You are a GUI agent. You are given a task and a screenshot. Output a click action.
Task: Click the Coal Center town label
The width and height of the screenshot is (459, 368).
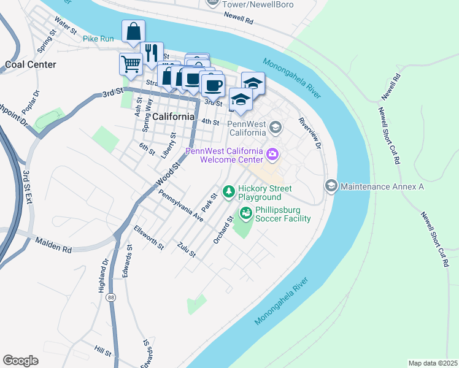click(30, 64)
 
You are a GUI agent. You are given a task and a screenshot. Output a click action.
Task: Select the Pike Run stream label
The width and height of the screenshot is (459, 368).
click(99, 39)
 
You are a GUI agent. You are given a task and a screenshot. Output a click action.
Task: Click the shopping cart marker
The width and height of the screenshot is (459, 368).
click(131, 63)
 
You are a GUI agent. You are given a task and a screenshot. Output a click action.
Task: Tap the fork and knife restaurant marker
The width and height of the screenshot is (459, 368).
click(151, 53)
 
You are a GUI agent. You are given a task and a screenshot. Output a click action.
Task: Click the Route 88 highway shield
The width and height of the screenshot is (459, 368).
click(110, 297)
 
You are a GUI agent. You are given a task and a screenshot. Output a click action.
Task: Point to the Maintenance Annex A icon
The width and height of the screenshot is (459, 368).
click(331, 186)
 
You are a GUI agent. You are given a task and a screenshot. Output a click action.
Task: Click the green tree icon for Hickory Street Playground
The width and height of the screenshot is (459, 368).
click(229, 193)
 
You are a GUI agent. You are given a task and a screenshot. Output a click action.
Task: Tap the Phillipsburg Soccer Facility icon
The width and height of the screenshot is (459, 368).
click(245, 213)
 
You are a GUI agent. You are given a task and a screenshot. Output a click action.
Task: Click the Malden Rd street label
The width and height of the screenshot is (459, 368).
click(53, 245)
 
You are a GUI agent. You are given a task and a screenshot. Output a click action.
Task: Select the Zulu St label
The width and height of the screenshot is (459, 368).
click(186, 250)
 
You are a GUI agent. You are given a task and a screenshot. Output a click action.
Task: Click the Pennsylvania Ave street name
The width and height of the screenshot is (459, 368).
click(180, 205)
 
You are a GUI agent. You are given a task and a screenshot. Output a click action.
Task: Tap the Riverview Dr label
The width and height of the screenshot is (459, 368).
click(310, 133)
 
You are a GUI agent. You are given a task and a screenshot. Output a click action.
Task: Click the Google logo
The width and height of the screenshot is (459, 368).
click(20, 361)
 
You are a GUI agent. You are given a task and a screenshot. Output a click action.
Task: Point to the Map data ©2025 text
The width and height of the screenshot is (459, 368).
click(433, 363)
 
